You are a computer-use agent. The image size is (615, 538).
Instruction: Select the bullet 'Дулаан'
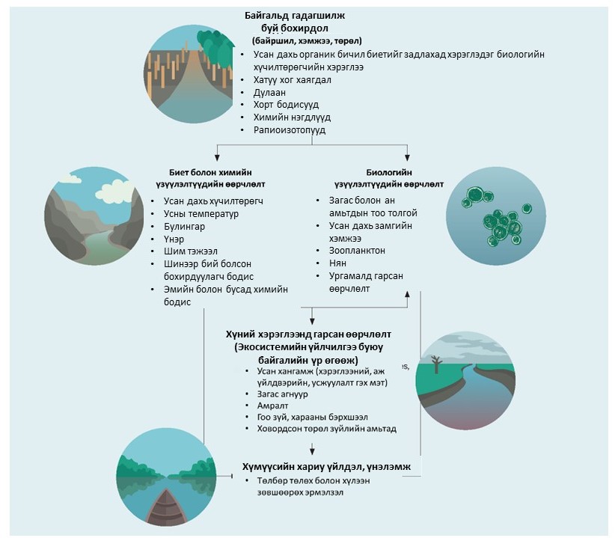[x=270, y=92]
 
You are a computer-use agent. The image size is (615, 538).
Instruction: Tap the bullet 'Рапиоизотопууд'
[x=290, y=130]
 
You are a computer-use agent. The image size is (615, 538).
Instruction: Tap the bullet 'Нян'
[x=338, y=263]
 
